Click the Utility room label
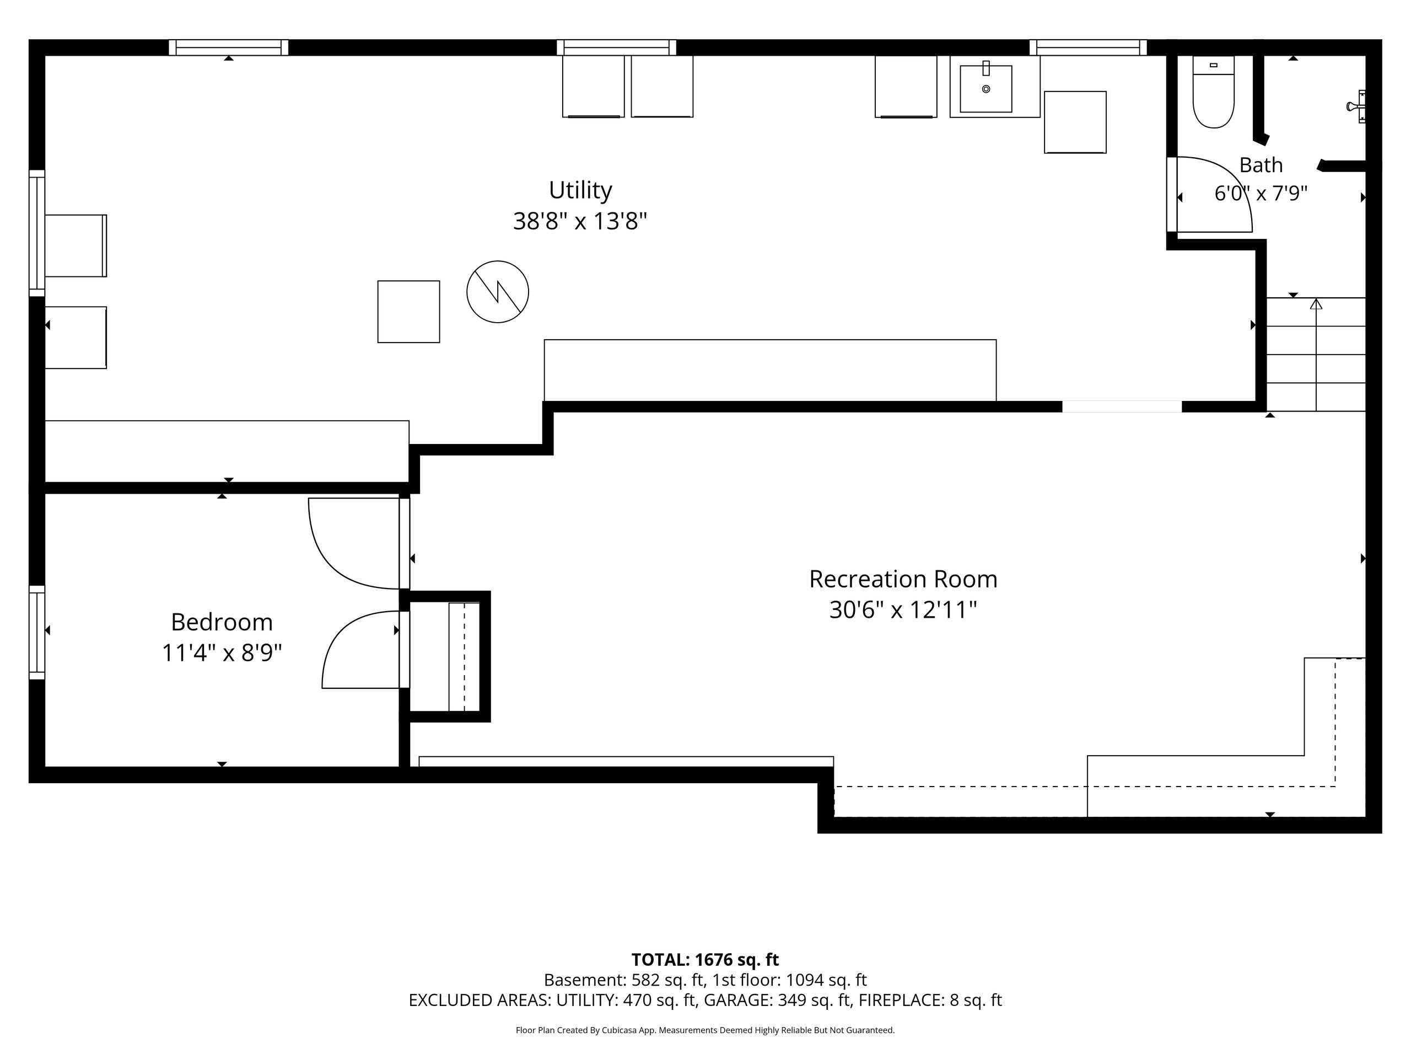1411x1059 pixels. (x=580, y=190)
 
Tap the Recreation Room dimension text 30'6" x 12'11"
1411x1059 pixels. (x=903, y=610)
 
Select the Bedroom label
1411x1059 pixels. (x=222, y=622)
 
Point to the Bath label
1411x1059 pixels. (x=1261, y=165)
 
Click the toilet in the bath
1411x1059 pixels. (x=1213, y=93)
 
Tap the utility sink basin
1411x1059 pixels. (x=985, y=88)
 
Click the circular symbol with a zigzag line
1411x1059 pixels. (x=498, y=292)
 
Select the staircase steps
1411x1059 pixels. (x=1315, y=354)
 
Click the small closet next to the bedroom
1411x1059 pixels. (x=449, y=656)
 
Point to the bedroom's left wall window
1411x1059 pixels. (x=37, y=632)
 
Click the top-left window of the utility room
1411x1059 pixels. (x=228, y=47)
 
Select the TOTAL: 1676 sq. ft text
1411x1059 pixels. (x=705, y=959)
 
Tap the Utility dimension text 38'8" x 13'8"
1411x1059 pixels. (x=580, y=222)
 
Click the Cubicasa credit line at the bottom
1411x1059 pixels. (x=705, y=1030)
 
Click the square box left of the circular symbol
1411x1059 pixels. (x=408, y=312)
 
